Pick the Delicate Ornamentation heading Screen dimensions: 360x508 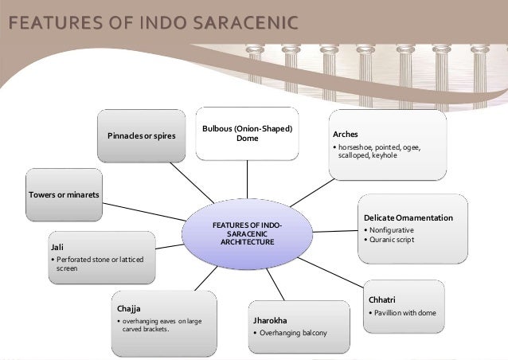pos(407,217)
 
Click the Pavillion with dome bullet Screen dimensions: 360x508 pos(404,312)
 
